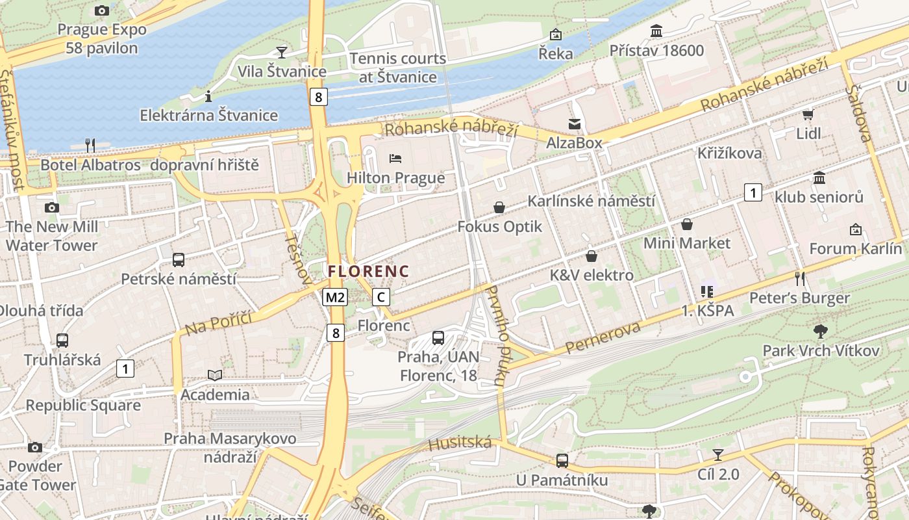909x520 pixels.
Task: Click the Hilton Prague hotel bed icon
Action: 395,158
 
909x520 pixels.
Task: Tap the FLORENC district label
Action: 368,271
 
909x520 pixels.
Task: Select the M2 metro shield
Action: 335,298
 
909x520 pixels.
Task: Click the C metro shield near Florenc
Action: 381,298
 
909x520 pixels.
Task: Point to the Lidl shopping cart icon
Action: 808,115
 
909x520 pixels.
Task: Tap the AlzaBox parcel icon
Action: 575,123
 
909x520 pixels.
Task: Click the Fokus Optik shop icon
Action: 499,207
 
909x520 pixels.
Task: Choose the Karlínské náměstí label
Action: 591,201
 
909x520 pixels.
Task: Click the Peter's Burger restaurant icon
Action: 800,278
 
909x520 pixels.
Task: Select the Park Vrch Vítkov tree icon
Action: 821,331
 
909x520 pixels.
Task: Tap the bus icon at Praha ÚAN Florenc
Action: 438,337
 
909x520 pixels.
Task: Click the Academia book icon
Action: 215,375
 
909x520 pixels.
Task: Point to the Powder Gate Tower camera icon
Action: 35,447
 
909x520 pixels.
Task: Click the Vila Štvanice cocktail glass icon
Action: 281,52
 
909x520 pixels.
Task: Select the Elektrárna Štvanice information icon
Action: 208,96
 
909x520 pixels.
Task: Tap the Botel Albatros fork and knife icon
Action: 90,145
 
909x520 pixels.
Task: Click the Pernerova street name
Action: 603,337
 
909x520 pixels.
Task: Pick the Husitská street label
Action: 460,443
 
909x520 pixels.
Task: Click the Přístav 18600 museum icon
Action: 656,31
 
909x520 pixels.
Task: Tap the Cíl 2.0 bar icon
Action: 718,454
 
